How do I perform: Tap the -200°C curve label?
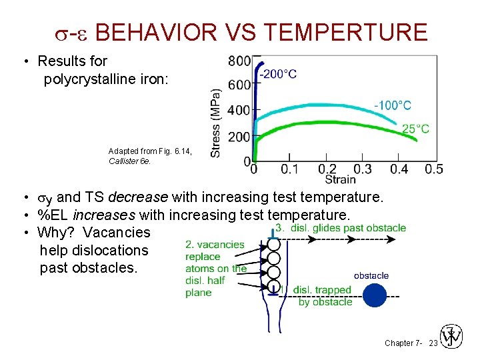[278, 74]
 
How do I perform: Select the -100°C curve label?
[392, 105]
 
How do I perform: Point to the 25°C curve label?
[415, 129]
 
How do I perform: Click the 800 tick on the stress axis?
[239, 61]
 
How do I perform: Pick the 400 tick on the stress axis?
[239, 111]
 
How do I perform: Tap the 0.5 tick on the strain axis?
[434, 169]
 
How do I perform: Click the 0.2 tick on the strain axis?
[327, 169]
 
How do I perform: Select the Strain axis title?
[340, 179]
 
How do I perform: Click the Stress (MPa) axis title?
[216, 123]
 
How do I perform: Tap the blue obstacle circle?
[375, 295]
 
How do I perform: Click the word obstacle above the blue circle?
[371, 275]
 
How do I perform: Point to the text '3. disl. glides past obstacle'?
[341, 228]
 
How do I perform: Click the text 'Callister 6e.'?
[131, 161]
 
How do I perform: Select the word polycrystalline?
[93, 79]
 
